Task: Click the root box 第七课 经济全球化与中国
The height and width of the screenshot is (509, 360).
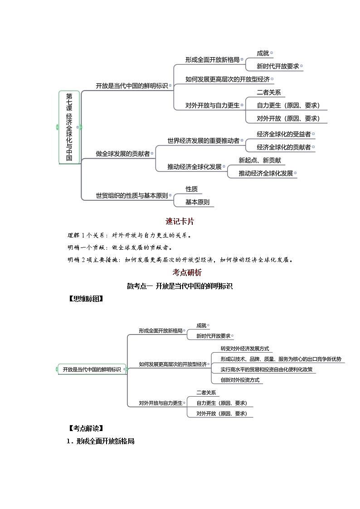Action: pyautogui.click(x=69, y=127)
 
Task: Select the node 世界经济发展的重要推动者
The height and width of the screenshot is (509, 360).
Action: pyautogui.click(x=204, y=141)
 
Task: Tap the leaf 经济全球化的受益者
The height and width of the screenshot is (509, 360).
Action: pyautogui.click(x=284, y=134)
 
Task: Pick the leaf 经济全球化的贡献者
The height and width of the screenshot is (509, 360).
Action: pyautogui.click(x=284, y=147)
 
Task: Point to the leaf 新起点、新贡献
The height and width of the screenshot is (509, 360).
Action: pyautogui.click(x=263, y=160)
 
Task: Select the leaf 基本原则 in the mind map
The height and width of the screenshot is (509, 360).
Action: pyautogui.click(x=198, y=202)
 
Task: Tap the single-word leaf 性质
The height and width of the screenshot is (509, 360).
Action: pyautogui.click(x=191, y=189)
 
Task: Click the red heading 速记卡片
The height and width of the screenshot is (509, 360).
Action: pyautogui.click(x=180, y=222)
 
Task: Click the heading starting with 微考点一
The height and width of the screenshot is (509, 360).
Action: pyautogui.click(x=180, y=286)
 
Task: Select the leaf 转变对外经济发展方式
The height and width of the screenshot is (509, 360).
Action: pyautogui.click(x=245, y=349)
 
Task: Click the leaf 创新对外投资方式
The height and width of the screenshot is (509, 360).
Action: pyautogui.click(x=240, y=380)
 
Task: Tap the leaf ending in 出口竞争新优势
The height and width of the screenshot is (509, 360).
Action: pyautogui.click(x=281, y=359)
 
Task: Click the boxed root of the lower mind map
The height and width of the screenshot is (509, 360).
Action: pyautogui.click(x=92, y=369)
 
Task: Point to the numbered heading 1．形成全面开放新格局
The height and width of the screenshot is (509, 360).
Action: pyautogui.click(x=101, y=441)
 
